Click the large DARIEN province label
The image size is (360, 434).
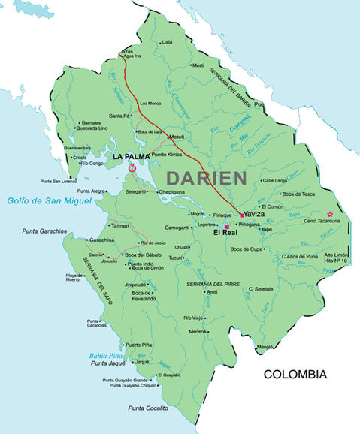click(x=206, y=178)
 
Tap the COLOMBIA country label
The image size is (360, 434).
click(x=295, y=374)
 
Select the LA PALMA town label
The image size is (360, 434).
click(x=132, y=156)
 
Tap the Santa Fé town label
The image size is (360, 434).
click(x=119, y=116)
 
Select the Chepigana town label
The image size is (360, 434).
click(x=171, y=191)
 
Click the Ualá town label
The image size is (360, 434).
click(x=167, y=43)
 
